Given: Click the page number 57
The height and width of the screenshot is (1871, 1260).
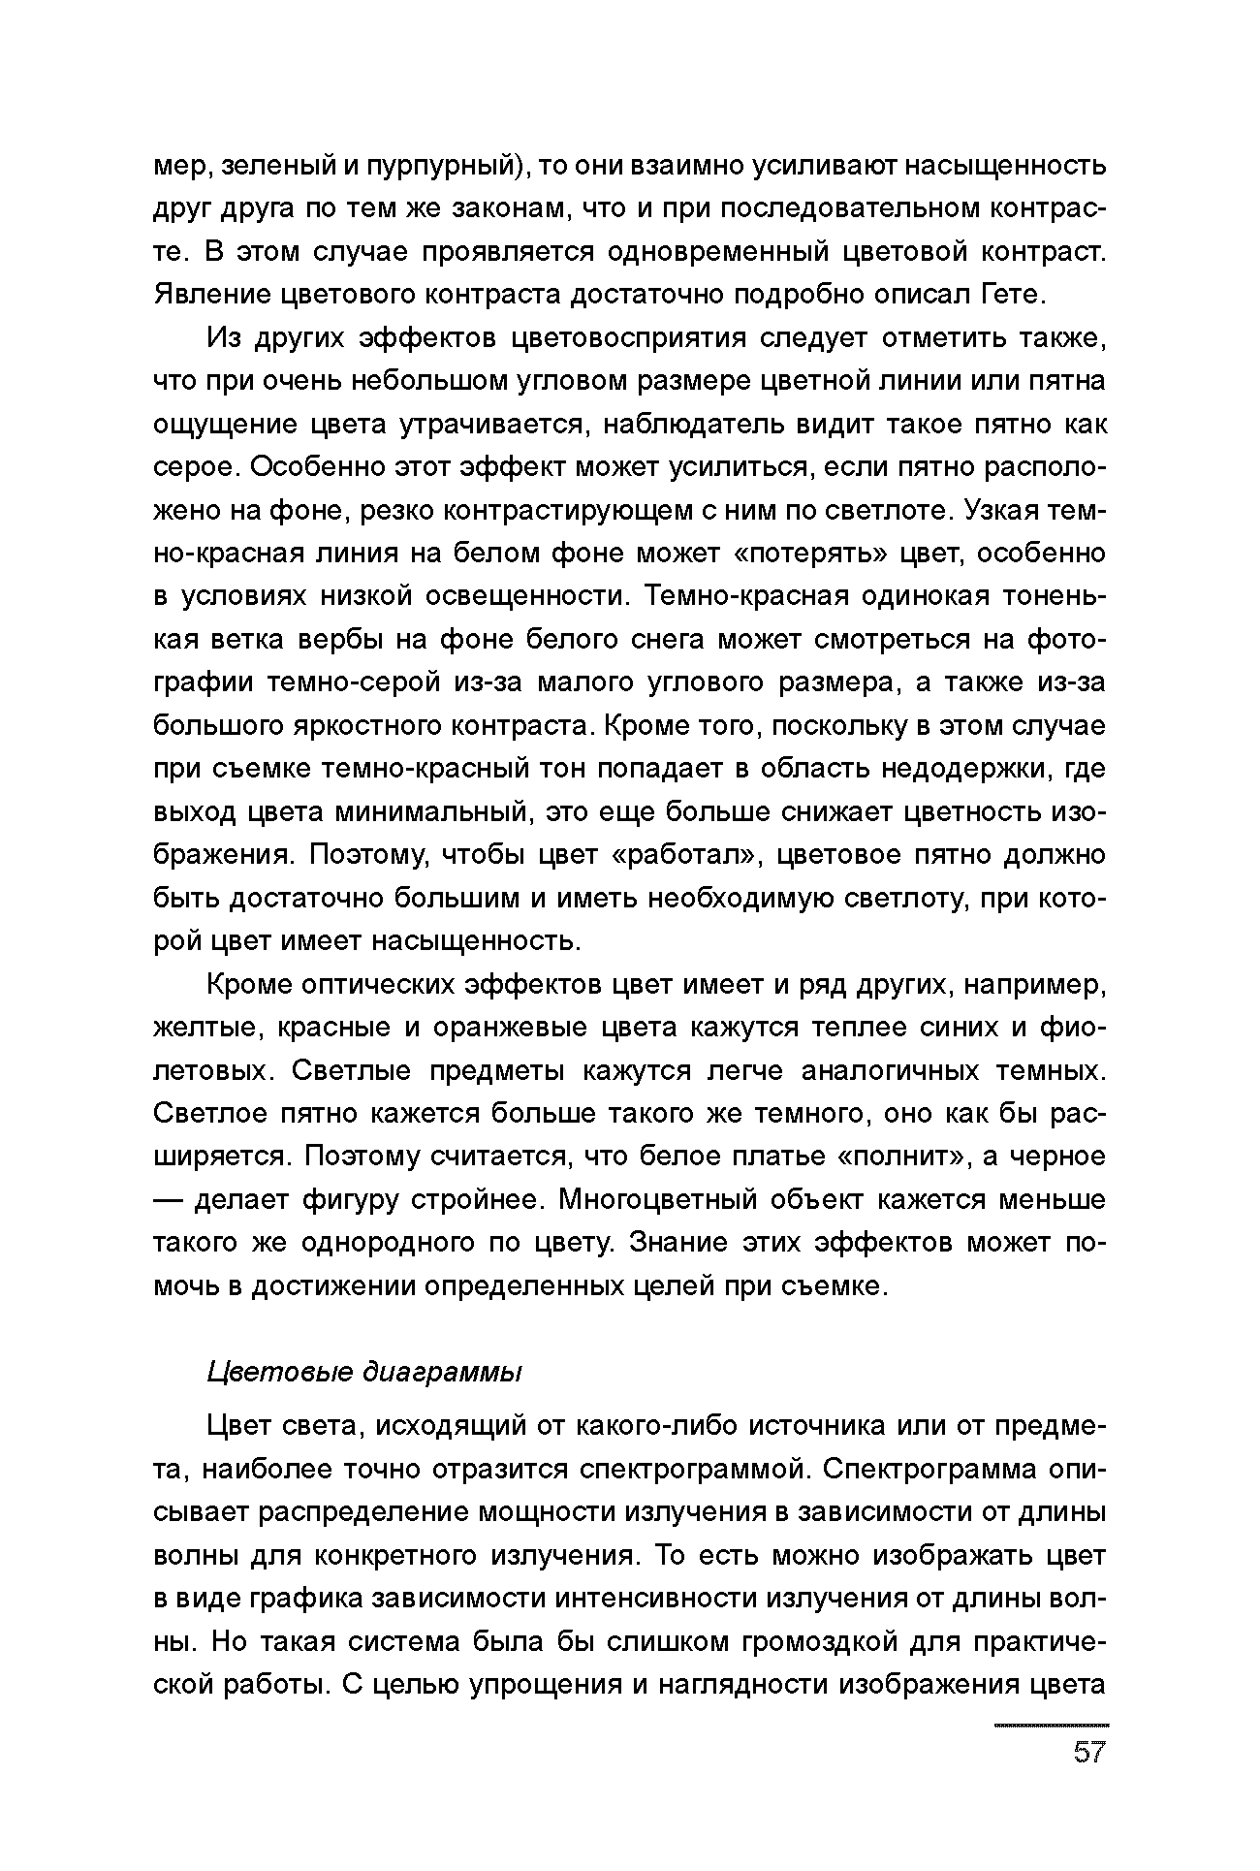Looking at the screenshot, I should (1088, 1753).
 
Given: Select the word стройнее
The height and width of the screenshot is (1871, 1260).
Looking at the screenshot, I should (474, 1200).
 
